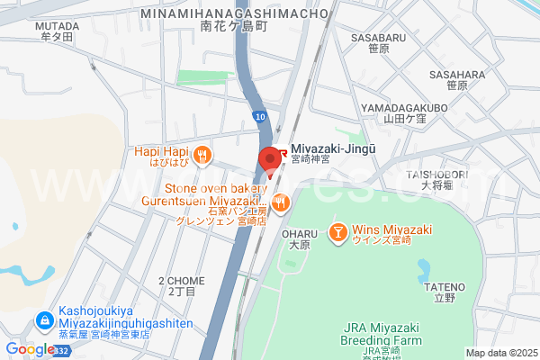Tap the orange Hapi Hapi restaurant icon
pos(204,155)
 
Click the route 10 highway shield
pos(260,116)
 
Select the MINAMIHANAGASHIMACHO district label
pos(232,15)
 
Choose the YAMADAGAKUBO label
pos(404,107)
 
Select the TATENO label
pos(444,286)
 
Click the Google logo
pos(29,349)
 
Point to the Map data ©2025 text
pos(499,353)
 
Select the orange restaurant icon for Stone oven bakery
pos(281,203)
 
